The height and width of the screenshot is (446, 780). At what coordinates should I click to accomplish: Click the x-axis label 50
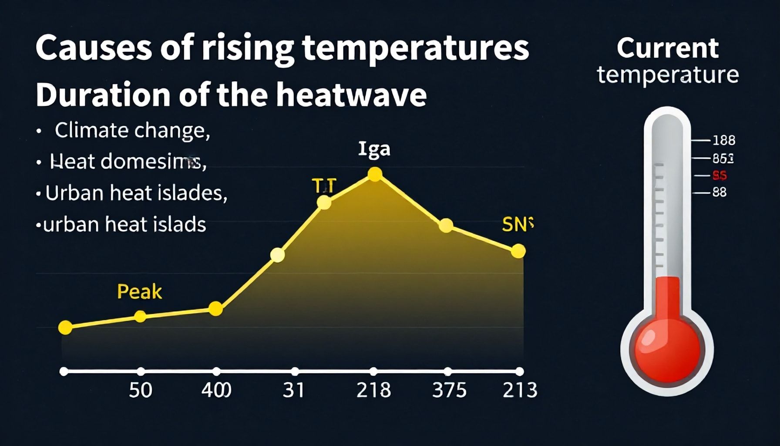click(x=141, y=390)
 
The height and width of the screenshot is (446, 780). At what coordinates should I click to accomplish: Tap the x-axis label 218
click(x=373, y=390)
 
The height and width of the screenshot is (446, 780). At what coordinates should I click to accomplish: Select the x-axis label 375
click(x=449, y=390)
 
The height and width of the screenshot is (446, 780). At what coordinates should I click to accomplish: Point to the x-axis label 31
click(x=293, y=390)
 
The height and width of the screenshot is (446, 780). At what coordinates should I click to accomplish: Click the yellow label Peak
click(x=139, y=291)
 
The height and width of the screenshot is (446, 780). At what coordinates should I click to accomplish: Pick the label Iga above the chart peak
click(x=374, y=149)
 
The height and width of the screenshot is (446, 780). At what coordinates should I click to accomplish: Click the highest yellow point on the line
click(x=375, y=175)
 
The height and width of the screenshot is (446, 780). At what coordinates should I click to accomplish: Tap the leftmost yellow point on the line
click(x=65, y=327)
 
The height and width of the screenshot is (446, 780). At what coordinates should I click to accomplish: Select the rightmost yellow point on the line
click(x=518, y=251)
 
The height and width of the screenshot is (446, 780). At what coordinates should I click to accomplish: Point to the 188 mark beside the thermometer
click(x=723, y=140)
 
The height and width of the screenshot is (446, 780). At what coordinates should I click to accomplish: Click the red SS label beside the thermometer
click(x=719, y=176)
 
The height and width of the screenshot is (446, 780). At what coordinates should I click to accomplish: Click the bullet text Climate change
click(x=132, y=130)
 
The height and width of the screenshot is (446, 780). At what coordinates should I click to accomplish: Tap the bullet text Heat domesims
click(x=128, y=162)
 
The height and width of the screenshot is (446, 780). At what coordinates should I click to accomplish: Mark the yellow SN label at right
click(x=517, y=224)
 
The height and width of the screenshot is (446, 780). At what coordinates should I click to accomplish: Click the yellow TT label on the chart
click(x=324, y=186)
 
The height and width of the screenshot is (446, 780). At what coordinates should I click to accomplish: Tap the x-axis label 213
click(x=520, y=390)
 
